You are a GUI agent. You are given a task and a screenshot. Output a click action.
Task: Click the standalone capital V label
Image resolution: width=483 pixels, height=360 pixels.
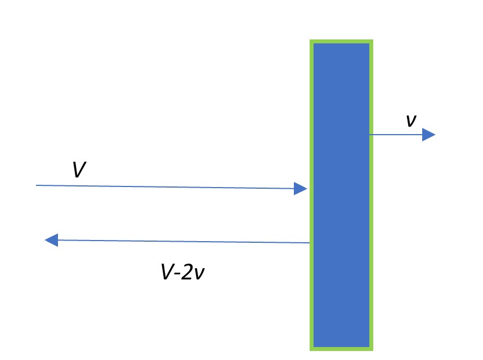click(x=79, y=169)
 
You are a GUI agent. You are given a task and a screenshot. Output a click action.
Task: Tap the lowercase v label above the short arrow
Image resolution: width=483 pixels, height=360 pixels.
click(x=412, y=121)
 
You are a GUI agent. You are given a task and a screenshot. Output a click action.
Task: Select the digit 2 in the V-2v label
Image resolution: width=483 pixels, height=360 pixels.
click(x=187, y=272)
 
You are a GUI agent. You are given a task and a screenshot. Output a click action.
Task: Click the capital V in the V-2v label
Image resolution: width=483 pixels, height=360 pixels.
click(x=168, y=272)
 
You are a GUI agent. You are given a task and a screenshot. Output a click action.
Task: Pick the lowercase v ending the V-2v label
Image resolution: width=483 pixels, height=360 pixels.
click(x=199, y=274)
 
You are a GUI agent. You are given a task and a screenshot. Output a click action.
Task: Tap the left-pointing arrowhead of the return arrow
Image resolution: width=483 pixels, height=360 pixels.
click(x=51, y=240)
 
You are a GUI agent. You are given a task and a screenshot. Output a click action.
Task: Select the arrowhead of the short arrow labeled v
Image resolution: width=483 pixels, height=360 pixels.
click(x=428, y=135)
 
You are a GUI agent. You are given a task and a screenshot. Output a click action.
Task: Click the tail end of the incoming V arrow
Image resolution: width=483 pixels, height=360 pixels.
click(x=37, y=185)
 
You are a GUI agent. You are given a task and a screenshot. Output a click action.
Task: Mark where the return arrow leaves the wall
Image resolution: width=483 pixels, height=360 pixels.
click(x=310, y=243)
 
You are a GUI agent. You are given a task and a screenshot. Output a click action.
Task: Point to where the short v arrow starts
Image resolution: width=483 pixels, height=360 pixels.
click(x=370, y=135)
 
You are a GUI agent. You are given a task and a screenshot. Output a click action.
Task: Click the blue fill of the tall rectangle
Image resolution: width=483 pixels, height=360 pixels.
click(x=341, y=195)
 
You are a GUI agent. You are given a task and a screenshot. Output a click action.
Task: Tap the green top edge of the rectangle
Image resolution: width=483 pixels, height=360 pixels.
click(x=341, y=41)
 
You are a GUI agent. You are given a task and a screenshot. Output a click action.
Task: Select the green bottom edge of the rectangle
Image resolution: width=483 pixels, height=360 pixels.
click(x=341, y=349)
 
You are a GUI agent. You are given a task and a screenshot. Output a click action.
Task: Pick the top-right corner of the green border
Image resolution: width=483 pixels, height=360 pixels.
click(x=373, y=40)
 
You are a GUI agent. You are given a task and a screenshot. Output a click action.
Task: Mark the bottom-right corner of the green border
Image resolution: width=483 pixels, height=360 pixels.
click(x=373, y=350)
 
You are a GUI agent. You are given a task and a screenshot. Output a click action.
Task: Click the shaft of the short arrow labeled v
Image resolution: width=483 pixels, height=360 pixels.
click(x=396, y=135)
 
